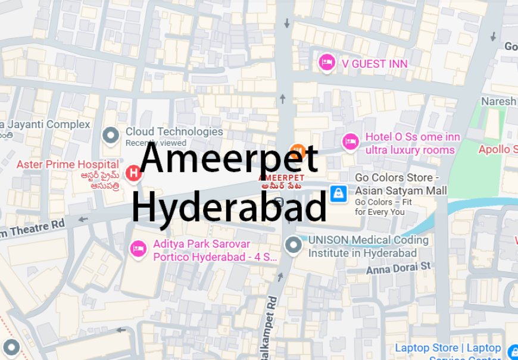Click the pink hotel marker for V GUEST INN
[326, 62]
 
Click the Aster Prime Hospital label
[67, 164]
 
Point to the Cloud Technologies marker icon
[110, 136]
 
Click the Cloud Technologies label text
[174, 132]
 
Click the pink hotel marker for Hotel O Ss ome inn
[350, 142]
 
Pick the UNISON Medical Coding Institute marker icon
[293, 244]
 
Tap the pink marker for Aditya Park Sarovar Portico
[138, 249]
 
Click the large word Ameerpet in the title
[230, 160]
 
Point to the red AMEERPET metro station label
[281, 178]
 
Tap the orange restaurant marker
[297, 151]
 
